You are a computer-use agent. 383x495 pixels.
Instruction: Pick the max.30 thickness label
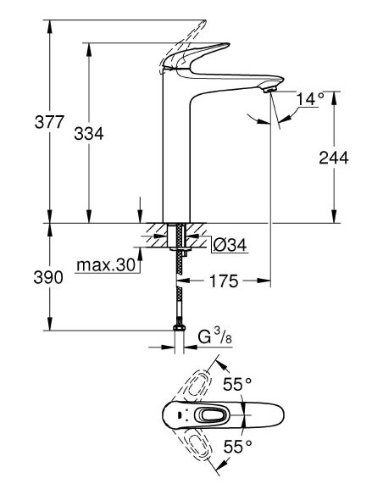[106, 265]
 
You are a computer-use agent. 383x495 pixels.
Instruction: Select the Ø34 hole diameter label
[228, 245]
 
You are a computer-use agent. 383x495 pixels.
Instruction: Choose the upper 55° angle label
[239, 384]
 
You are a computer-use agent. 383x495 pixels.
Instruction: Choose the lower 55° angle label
[239, 445]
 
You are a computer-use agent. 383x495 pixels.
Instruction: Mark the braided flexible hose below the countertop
[179, 288]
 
